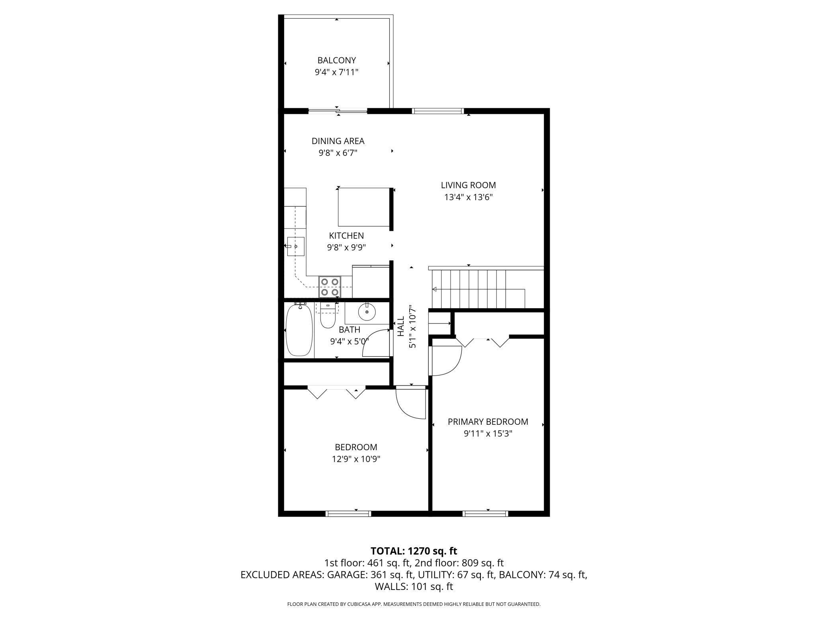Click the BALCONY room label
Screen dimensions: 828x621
[336, 61]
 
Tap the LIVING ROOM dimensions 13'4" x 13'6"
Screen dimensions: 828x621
[469, 197]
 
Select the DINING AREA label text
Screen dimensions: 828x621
[338, 141]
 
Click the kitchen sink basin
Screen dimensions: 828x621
[296, 246]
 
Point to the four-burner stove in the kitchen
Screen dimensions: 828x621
[330, 287]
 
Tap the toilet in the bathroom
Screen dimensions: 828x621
[328, 316]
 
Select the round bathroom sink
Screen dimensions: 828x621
[367, 312]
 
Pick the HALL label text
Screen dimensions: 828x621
[401, 326]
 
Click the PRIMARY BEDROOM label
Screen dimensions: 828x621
[488, 422]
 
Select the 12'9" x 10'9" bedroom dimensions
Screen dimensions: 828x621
[356, 459]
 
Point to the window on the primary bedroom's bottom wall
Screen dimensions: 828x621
[485, 514]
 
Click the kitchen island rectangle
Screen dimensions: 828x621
[363, 207]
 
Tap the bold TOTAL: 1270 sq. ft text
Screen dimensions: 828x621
[414, 551]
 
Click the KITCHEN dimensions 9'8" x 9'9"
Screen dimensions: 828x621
[346, 248]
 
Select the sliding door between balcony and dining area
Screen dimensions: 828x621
[338, 111]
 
